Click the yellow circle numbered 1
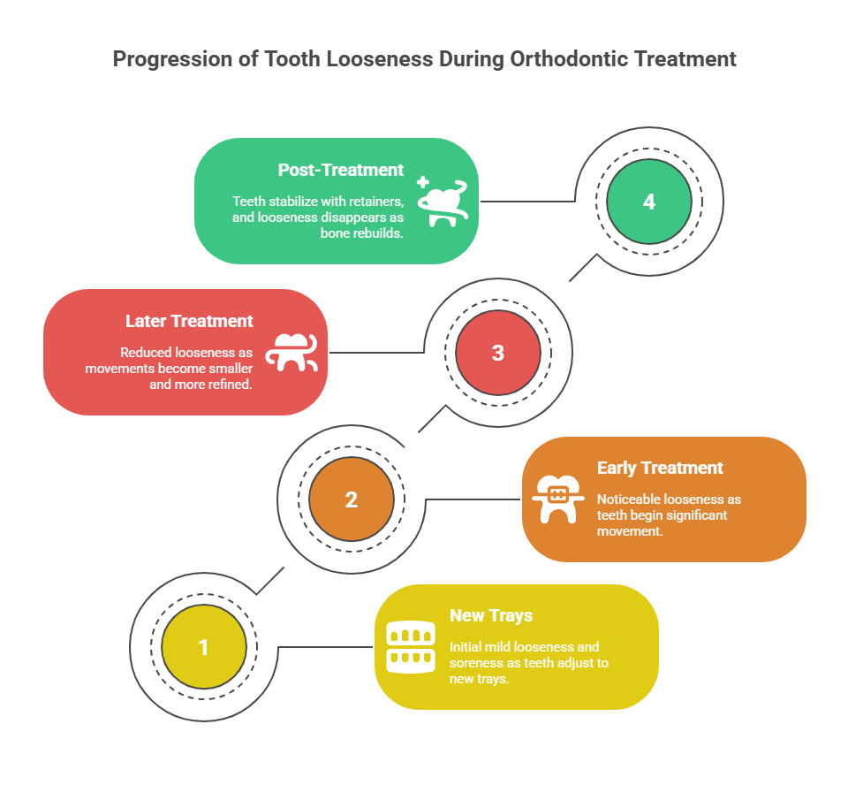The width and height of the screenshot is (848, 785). [x=204, y=646]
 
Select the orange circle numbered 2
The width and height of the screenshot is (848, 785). [x=352, y=499]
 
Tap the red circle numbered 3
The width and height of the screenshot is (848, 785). [x=498, y=353]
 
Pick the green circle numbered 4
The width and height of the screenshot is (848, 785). [x=649, y=202]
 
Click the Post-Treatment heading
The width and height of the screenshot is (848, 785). [x=341, y=170]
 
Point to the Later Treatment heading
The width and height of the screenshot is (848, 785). [x=189, y=321]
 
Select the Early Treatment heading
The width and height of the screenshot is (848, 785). [x=660, y=468]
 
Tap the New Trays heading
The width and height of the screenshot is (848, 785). [x=491, y=615]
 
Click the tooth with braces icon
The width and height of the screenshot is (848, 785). [x=558, y=499]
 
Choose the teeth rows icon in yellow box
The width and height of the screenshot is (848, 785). [x=411, y=647]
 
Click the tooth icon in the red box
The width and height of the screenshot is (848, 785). [x=291, y=353]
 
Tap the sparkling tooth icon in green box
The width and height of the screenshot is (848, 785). [x=443, y=202]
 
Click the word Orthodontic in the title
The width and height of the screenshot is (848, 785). [x=570, y=59]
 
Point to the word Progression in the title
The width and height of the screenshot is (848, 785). [x=173, y=59]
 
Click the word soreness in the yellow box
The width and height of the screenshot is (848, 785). [x=473, y=663]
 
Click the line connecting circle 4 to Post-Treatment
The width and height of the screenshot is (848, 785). [x=528, y=201]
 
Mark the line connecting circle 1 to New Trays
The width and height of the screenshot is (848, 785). [x=325, y=646]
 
